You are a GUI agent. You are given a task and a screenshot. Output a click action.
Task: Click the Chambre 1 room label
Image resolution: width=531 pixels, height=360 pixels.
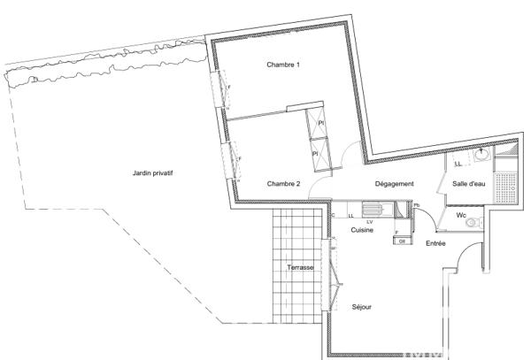[284, 65]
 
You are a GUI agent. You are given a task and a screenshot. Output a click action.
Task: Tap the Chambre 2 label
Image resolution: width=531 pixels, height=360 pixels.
[284, 183]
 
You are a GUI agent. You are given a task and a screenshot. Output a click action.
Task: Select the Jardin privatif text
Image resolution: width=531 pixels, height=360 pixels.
[147, 173]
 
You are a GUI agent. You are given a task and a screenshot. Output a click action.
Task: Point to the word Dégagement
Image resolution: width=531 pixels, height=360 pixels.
[395, 183]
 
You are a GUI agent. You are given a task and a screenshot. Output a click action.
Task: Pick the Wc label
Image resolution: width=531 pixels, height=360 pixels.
[461, 215]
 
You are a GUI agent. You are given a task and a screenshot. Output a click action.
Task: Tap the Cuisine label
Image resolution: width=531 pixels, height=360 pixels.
[361, 229]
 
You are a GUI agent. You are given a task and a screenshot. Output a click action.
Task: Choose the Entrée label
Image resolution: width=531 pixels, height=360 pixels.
[435, 242]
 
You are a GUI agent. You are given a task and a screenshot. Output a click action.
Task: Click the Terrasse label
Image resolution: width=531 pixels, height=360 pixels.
[301, 266]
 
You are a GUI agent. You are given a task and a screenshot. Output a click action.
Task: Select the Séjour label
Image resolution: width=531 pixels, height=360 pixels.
[360, 307]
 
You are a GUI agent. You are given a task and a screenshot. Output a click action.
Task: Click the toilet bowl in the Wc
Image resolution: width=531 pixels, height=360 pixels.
[473, 223]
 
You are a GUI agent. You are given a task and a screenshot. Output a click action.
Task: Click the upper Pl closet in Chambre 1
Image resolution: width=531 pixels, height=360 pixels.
[321, 124]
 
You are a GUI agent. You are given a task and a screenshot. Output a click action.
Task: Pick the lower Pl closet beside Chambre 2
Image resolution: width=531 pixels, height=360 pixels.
[316, 154]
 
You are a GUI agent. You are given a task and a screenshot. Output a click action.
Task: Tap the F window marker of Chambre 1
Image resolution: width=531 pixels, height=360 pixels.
[229, 88]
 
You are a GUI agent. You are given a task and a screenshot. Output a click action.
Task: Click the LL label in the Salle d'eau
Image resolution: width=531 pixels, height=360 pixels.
[458, 164]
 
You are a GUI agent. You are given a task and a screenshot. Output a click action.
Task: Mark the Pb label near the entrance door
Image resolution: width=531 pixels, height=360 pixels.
[416, 203]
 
